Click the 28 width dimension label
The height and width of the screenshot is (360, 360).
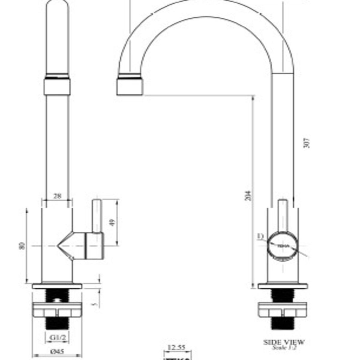pos(57,196)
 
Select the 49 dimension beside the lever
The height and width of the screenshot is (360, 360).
pos(113,222)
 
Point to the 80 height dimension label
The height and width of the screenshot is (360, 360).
pos(21,246)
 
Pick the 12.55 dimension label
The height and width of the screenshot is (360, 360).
pos(176,348)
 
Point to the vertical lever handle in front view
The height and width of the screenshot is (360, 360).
pos(97,216)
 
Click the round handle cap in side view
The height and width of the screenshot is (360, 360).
pos(282,246)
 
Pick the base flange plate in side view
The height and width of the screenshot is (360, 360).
pos(283,286)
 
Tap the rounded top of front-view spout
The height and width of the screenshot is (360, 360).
pos(57,9)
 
